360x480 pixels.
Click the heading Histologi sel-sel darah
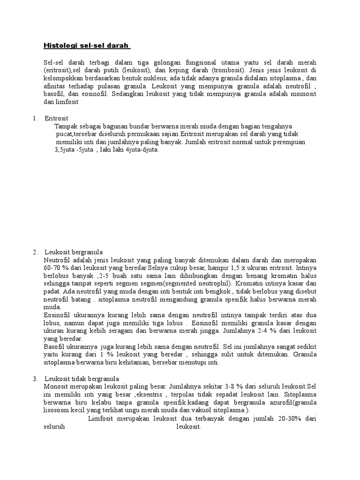(87, 45)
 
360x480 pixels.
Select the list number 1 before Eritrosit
(35, 118)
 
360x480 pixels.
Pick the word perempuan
(288, 142)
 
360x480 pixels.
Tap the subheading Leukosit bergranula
(74, 252)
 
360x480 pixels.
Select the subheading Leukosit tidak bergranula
(82, 379)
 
